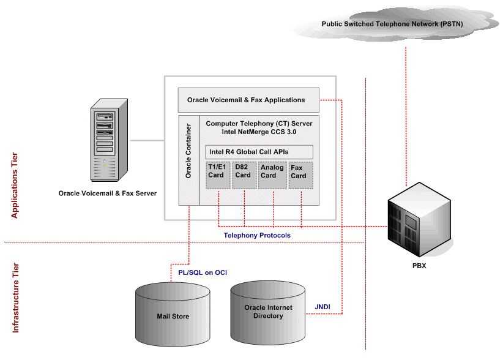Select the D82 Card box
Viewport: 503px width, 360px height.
(244, 175)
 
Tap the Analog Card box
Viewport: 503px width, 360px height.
(272, 175)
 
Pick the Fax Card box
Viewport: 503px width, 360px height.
(300, 175)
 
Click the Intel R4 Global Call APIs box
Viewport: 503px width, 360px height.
(259, 152)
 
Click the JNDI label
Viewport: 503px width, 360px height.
(323, 307)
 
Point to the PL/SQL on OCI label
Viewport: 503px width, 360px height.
(198, 272)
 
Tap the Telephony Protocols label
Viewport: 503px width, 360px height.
(257, 235)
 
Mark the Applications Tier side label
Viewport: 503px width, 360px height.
(15, 186)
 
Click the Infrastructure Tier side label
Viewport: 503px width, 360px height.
(15, 298)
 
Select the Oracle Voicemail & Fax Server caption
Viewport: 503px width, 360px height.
(107, 193)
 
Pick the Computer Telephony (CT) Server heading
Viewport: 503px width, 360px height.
(259, 127)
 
